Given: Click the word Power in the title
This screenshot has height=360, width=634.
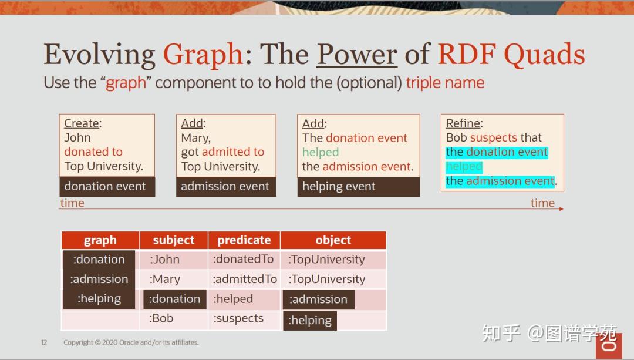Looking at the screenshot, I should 357,55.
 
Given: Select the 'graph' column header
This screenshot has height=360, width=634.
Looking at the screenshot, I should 100,240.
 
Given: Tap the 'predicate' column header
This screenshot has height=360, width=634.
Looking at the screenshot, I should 244,240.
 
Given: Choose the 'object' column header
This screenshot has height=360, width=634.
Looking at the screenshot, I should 333,240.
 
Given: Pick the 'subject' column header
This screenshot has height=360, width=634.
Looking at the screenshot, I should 174,240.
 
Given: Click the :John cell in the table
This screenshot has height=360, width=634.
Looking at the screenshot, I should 165,260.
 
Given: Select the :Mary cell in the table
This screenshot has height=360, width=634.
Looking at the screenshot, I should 165,280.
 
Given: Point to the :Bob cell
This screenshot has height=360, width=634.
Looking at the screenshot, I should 161,319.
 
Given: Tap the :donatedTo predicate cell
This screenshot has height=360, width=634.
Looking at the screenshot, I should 244,260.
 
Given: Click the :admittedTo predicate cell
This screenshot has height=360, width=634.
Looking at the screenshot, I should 245,280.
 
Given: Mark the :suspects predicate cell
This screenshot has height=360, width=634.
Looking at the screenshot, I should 238,319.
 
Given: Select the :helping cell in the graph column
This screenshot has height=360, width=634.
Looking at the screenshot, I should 99,299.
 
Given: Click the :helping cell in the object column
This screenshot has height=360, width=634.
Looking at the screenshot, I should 310,321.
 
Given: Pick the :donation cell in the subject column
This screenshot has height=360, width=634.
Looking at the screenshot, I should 175,299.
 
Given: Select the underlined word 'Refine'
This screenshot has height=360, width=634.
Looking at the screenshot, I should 463,123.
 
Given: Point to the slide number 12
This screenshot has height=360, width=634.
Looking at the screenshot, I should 44,342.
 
